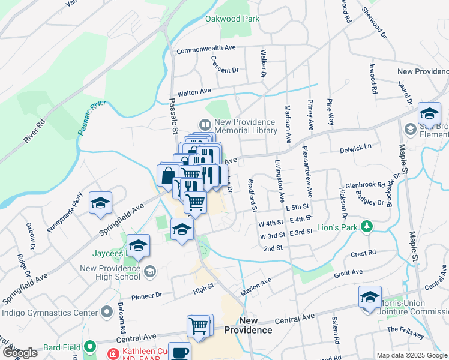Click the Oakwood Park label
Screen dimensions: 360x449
232,19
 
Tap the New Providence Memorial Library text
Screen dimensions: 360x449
244,126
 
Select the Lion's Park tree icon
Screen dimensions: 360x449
365,227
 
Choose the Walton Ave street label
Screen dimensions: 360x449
194,92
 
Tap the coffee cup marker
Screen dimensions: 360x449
179,352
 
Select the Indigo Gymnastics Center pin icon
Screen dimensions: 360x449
107,312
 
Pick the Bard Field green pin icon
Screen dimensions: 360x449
90,346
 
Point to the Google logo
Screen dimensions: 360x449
19,353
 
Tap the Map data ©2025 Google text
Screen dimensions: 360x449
411,355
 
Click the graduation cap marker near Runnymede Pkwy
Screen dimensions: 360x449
101,203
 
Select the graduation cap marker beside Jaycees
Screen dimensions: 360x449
138,245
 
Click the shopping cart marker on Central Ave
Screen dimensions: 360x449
199,326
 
